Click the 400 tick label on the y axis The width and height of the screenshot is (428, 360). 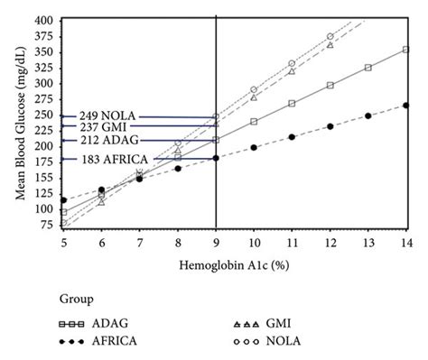click(44, 19)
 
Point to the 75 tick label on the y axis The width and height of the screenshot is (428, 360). click(47, 225)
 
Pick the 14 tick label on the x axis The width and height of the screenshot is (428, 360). click(405, 243)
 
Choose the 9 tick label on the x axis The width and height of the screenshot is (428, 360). click(216, 243)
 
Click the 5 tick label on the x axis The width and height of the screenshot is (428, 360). click(63, 243)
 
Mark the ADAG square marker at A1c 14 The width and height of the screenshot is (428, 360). click(405, 50)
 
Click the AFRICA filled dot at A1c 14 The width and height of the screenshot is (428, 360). click(405, 106)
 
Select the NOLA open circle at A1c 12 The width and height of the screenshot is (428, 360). click(330, 36)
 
